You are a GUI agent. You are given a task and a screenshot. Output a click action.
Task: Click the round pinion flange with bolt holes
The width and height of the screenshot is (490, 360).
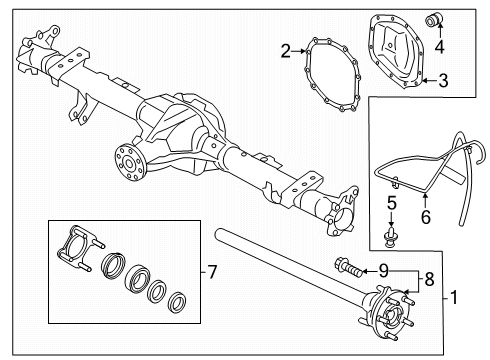click(127, 159)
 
